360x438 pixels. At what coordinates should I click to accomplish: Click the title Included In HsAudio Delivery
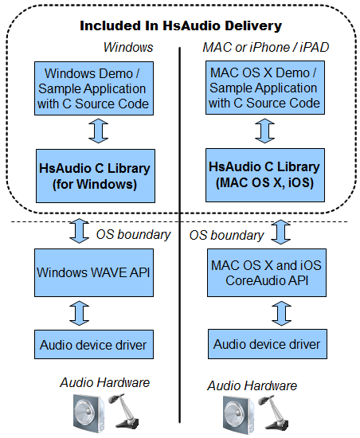pyautogui.click(x=181, y=25)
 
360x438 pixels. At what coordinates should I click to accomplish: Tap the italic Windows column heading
pyautogui.click(x=128, y=47)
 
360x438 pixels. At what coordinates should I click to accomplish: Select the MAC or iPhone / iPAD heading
pyautogui.click(x=265, y=47)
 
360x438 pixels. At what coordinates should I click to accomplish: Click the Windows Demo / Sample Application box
pyautogui.click(x=94, y=88)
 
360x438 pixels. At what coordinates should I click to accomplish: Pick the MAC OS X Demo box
pyautogui.click(x=265, y=88)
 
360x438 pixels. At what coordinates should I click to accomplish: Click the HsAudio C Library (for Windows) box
pyautogui.click(x=96, y=176)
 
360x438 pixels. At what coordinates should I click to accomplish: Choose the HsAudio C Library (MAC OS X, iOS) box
pyautogui.click(x=265, y=175)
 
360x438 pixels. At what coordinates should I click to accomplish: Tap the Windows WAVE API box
pyautogui.click(x=94, y=272)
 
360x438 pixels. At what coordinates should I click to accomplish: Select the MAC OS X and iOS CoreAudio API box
pyautogui.click(x=267, y=272)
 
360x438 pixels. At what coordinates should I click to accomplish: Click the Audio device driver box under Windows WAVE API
pyautogui.click(x=94, y=344)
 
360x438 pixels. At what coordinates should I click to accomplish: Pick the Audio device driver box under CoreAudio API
pyautogui.click(x=268, y=344)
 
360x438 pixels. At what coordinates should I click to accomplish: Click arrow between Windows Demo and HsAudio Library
pyautogui.click(x=98, y=131)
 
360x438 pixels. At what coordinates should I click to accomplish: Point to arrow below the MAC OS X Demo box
pyautogui.click(x=264, y=131)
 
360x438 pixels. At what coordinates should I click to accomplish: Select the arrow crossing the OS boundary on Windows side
pyautogui.click(x=80, y=231)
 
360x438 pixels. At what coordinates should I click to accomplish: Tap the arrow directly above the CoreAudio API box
pyautogui.click(x=280, y=232)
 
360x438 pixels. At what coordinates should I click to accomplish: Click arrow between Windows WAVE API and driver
pyautogui.click(x=80, y=313)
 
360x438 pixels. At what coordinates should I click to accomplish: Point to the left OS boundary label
pyautogui.click(x=133, y=235)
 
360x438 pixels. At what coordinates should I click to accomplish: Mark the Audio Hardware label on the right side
pyautogui.click(x=252, y=385)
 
